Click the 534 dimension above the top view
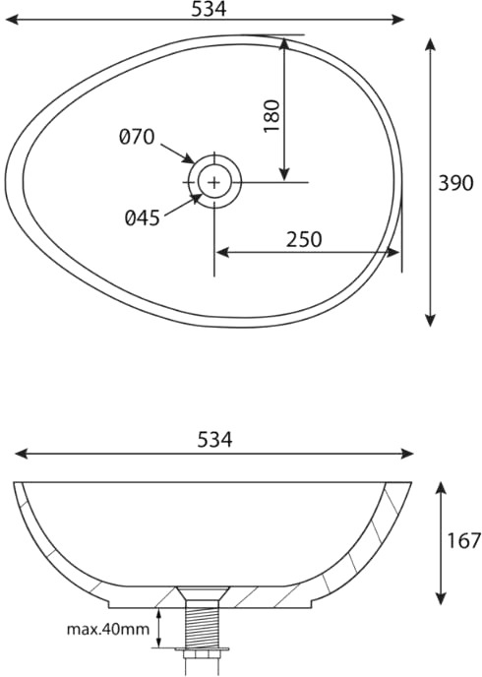point(209,9)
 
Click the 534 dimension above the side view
point(214,440)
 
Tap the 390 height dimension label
point(455,183)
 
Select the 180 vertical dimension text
point(272,116)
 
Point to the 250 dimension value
point(304,240)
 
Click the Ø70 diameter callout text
point(137,137)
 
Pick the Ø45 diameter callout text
point(143,217)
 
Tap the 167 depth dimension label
point(464,540)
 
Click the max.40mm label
point(108,629)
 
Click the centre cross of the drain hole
point(214,182)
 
